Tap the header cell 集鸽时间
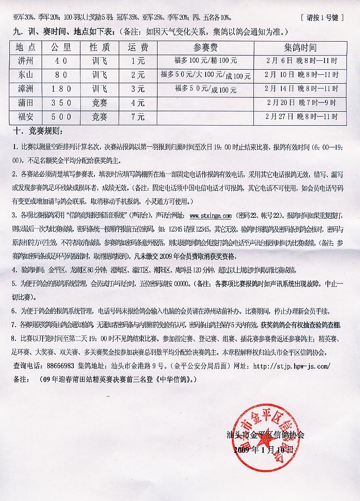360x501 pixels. tap(300, 48)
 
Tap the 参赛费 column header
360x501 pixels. tap(205, 48)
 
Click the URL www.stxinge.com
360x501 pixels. tap(210, 216)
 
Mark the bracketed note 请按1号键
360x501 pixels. tap(323, 18)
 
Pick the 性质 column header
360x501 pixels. tap(100, 48)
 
